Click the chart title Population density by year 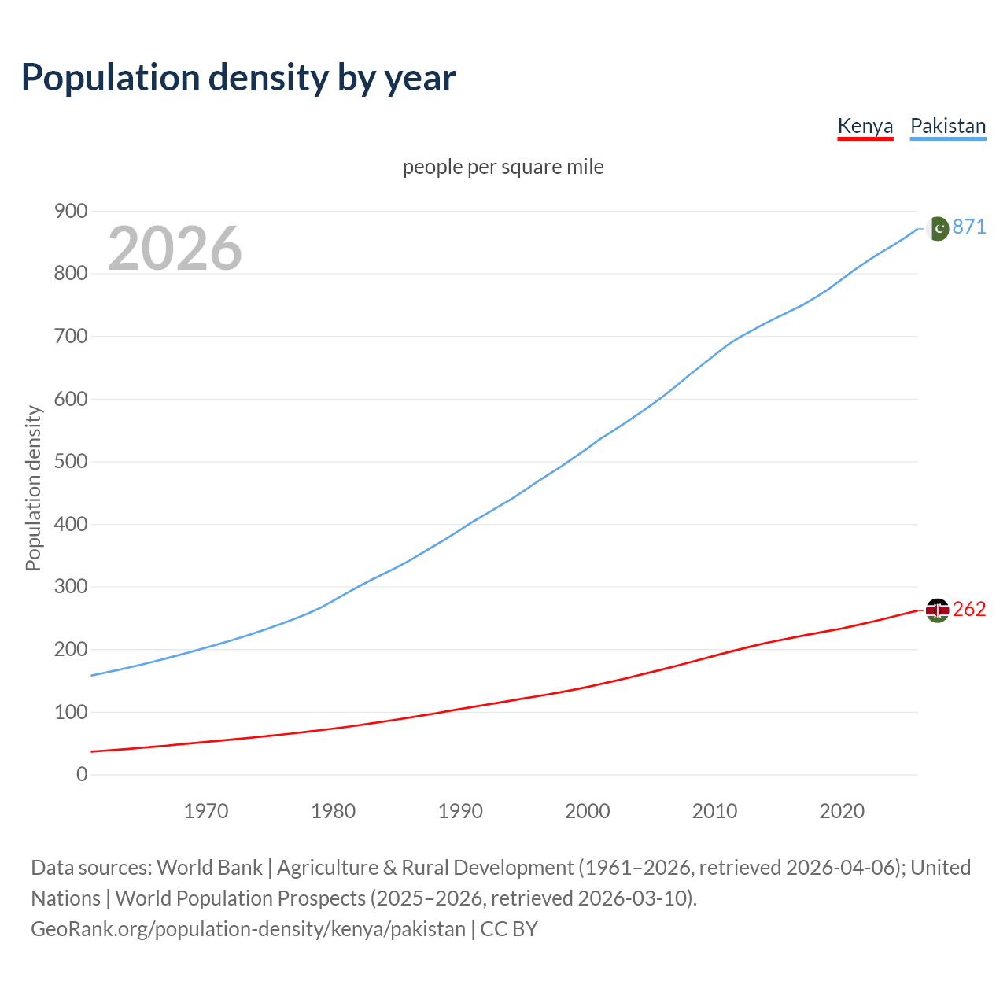238,78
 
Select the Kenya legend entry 865,126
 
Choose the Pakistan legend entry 948,126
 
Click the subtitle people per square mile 503,167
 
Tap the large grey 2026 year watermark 175,249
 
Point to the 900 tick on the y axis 71,211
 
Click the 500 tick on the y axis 71,461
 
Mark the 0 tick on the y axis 82,774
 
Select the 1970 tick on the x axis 206,811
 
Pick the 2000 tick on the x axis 588,811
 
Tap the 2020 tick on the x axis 842,811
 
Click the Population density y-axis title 33,488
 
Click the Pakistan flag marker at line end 938,228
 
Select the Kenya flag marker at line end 938,610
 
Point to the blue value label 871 969,227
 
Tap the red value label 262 969,609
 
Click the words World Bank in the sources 209,868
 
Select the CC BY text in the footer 509,929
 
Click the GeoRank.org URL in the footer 248,929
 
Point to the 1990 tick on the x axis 460,811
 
